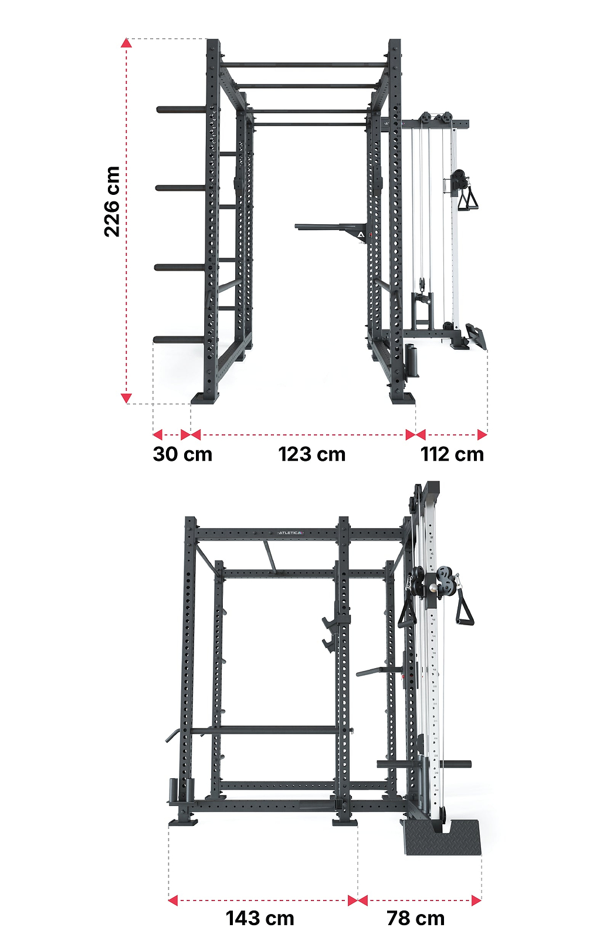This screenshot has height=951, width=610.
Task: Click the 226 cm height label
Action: tap(112, 202)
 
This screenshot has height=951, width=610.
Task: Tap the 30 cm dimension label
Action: tap(182, 454)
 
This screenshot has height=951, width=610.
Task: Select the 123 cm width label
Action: tap(312, 454)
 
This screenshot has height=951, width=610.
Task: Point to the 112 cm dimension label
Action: tap(452, 454)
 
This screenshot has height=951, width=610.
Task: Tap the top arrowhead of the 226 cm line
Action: tap(126, 43)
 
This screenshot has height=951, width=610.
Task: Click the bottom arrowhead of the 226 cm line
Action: tap(126, 398)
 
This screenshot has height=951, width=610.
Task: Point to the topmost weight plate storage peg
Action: tap(182, 110)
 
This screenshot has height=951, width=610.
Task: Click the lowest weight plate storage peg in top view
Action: tap(180, 340)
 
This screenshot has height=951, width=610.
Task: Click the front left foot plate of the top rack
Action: tap(205, 398)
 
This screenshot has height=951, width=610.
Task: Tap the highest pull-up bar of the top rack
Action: tap(304, 65)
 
